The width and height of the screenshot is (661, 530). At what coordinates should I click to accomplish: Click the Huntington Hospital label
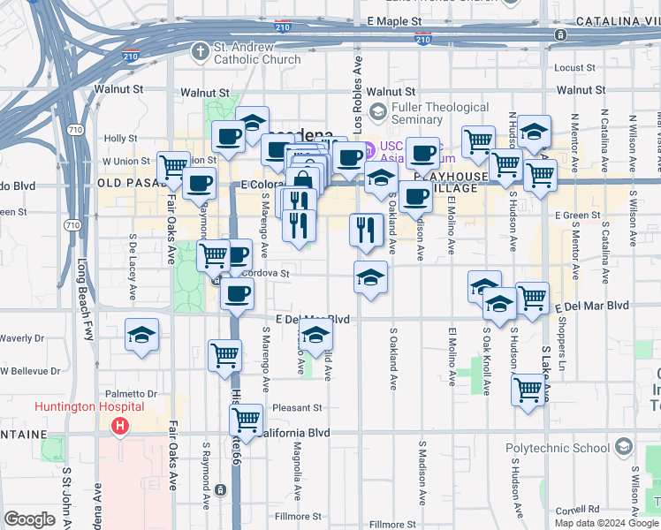pyautogui.click(x=89, y=406)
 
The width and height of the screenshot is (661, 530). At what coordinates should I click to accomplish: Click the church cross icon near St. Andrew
pyautogui.click(x=200, y=51)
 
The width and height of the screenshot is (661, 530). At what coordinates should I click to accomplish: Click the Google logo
pyautogui.click(x=30, y=519)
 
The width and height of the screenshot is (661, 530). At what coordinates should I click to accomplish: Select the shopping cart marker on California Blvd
pyautogui.click(x=244, y=419)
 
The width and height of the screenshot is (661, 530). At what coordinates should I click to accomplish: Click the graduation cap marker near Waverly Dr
pyautogui.click(x=141, y=335)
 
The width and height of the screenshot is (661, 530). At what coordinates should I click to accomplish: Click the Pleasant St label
pyautogui.click(x=297, y=408)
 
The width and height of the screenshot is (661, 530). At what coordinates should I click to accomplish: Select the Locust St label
pyautogui.click(x=576, y=67)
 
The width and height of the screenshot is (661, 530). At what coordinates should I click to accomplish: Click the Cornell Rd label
pyautogui.click(x=578, y=510)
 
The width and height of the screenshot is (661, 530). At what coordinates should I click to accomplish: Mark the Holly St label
pyautogui.click(x=119, y=139)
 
